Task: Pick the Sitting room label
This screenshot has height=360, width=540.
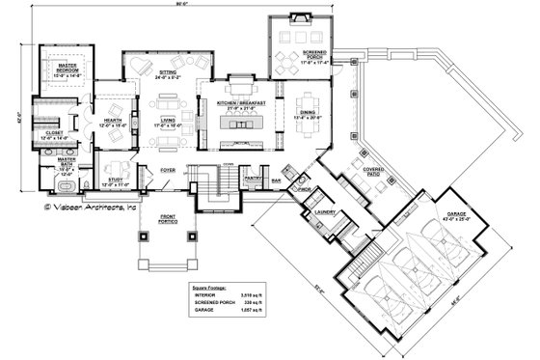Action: [x=170, y=70]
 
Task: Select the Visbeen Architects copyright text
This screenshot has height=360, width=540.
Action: [x=91, y=205]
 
